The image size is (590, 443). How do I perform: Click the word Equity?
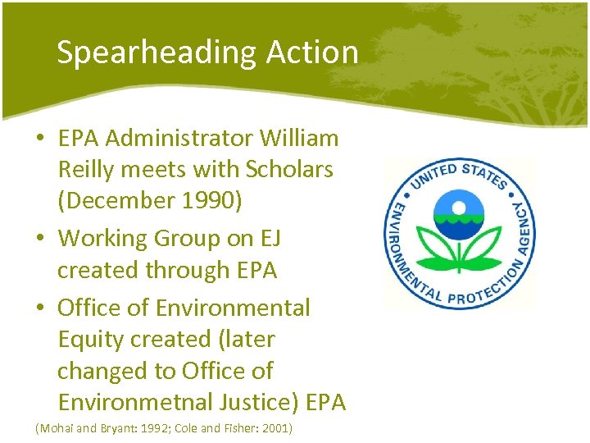pos(93,339)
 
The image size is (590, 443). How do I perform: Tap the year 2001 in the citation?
pos(276,428)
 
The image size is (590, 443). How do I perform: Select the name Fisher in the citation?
pos(239,428)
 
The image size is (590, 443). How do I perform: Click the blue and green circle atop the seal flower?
pos(459,210)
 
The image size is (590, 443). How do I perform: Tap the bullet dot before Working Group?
pos(40,240)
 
